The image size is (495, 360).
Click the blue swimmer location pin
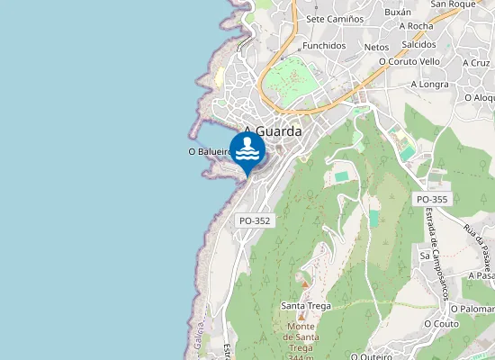click(247, 152)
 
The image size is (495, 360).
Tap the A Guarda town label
click(272, 130)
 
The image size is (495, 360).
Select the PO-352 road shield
click(255, 220)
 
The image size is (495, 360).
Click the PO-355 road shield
click(432, 199)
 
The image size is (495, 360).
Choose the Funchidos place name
click(324, 45)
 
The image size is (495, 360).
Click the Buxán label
click(397, 13)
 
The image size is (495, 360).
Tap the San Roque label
click(452, 4)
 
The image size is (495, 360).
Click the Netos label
click(376, 46)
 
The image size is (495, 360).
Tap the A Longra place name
click(429, 85)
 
